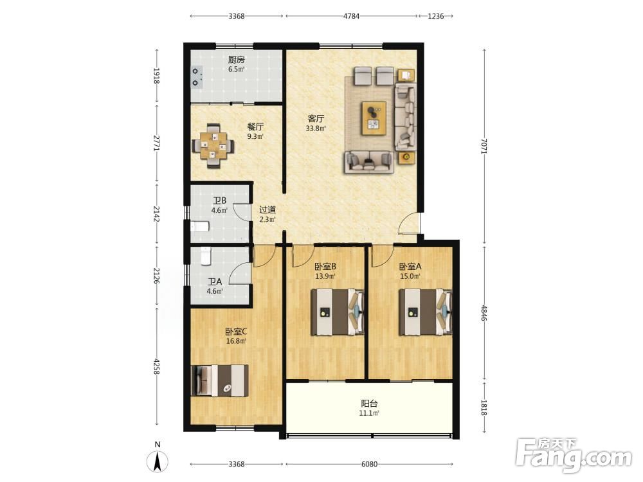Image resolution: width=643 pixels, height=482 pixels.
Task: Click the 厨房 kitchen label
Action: click(236, 60)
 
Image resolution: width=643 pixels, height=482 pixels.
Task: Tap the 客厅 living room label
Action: click(316, 119)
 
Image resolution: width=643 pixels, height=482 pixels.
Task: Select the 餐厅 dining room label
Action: click(255, 127)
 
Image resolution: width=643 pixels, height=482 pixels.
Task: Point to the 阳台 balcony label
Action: click(369, 404)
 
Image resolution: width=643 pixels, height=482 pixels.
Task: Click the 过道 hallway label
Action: click(267, 210)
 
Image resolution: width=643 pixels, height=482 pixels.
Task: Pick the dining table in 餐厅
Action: click(213, 146)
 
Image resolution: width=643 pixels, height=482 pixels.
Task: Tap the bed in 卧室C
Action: click(220, 380)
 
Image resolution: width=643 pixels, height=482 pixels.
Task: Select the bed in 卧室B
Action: click(338, 312)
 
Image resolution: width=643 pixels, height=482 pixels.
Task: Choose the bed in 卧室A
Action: click(426, 312)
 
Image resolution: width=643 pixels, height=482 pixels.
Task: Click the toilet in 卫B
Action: click(200, 226)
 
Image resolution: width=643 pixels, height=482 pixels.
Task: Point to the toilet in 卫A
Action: click(206, 255)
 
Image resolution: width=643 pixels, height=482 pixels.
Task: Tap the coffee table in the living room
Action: click(374, 118)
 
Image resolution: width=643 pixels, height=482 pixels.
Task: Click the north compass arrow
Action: click(158, 461)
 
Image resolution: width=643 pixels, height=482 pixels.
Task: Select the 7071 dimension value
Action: click(484, 146)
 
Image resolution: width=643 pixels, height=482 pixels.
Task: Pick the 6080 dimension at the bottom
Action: click(369, 464)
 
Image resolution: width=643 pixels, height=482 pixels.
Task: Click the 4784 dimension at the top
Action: click(352, 16)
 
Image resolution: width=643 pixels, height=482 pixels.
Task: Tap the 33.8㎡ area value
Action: click(316, 129)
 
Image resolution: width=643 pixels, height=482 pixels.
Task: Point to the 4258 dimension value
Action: click(156, 366)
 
